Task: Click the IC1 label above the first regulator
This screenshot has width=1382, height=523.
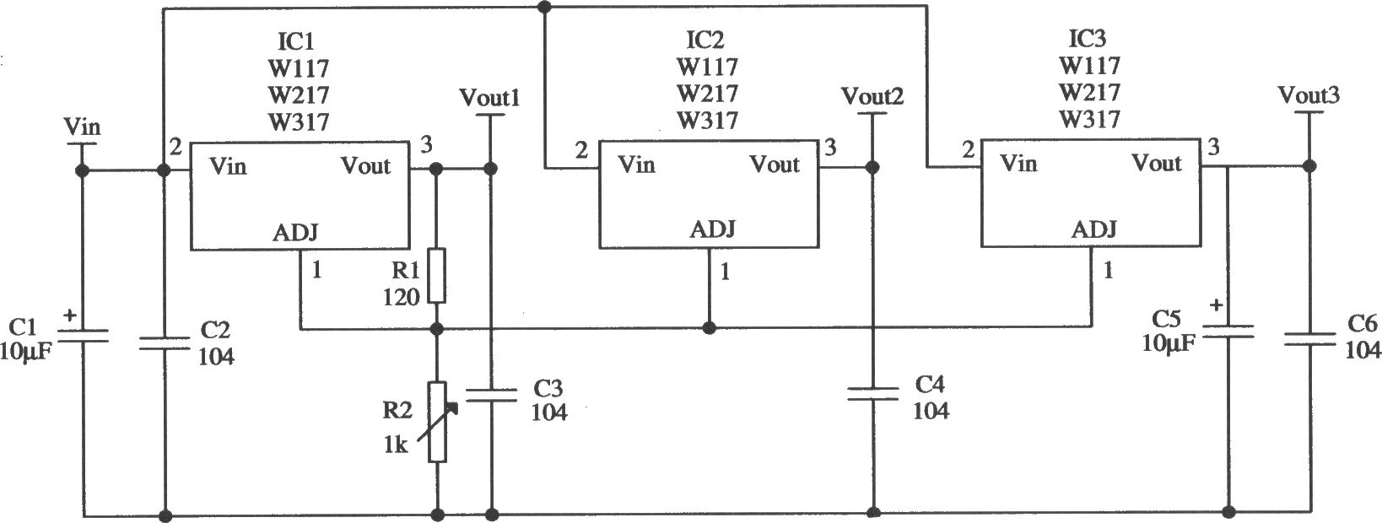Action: point(295,41)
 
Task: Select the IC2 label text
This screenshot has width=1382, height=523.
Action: point(705,40)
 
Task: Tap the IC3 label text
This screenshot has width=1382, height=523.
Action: point(1087,39)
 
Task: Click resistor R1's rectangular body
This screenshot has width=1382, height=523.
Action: point(437,275)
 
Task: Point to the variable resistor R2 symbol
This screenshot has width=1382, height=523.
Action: point(437,422)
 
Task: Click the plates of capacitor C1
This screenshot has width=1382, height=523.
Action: point(84,335)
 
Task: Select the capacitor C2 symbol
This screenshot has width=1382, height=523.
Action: point(165,343)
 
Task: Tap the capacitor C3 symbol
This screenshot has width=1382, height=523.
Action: point(491,396)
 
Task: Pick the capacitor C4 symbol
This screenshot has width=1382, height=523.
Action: point(873,393)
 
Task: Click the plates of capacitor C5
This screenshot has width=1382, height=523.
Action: point(1228,332)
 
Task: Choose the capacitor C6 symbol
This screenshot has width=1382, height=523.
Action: point(1309,339)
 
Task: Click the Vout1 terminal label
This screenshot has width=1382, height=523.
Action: point(490,98)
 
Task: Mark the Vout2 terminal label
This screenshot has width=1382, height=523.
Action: point(872,95)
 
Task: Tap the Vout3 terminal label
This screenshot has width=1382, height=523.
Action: point(1309,95)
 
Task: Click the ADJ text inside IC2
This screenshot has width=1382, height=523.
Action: point(713,229)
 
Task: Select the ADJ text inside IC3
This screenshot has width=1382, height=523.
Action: point(1094,229)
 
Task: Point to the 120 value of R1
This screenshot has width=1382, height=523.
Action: point(401,297)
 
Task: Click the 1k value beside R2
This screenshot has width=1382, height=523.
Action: point(396,445)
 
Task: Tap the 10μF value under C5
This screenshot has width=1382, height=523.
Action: point(1168,343)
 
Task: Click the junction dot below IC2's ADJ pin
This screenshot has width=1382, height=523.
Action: point(710,328)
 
